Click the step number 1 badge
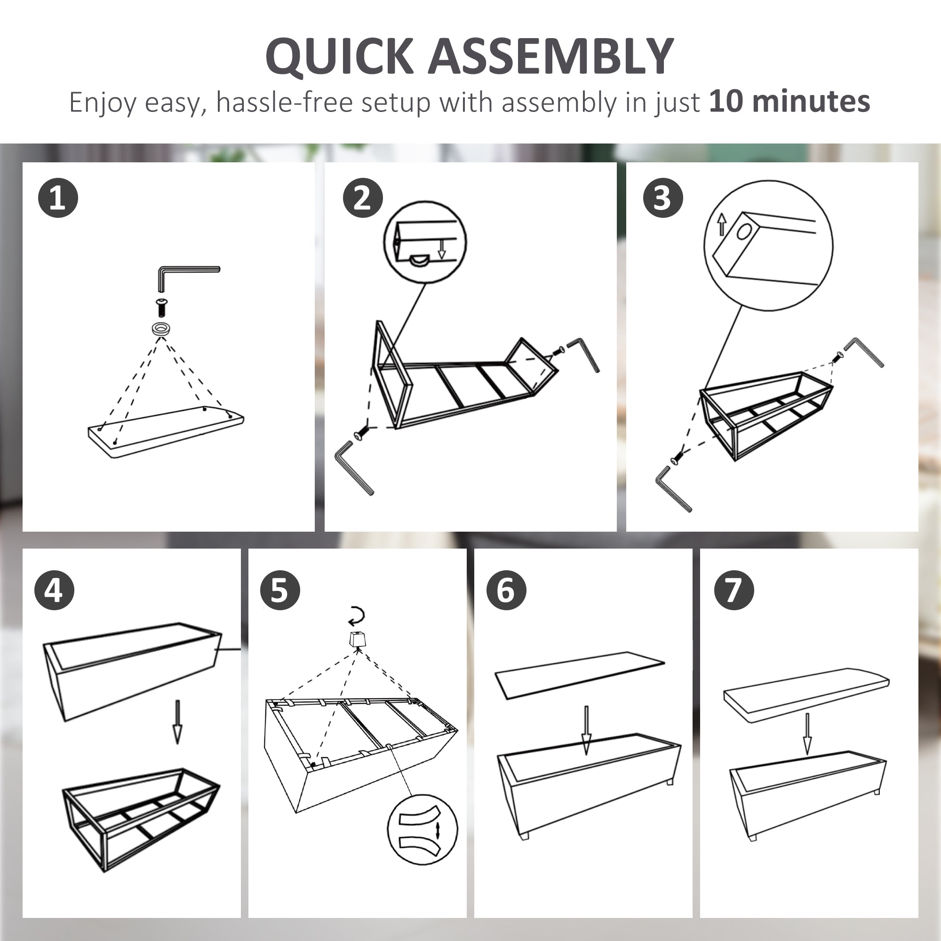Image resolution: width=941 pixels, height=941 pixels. coord(58,198)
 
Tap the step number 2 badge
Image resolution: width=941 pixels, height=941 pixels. coord(363,198)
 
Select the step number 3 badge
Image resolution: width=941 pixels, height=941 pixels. coord(663,198)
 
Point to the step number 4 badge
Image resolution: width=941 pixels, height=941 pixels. coord(54,590)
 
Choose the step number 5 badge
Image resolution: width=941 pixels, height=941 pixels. coord(280,590)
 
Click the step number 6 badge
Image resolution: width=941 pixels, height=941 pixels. coord(506,590)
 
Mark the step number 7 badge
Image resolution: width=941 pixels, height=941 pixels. coord(734,590)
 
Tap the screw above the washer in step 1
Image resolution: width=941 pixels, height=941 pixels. coord(161,306)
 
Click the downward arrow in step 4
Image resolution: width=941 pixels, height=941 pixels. coord(177,721)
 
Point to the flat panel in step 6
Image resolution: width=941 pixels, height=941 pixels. coord(580,675)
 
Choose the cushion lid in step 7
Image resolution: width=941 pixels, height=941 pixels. coord(806,695)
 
